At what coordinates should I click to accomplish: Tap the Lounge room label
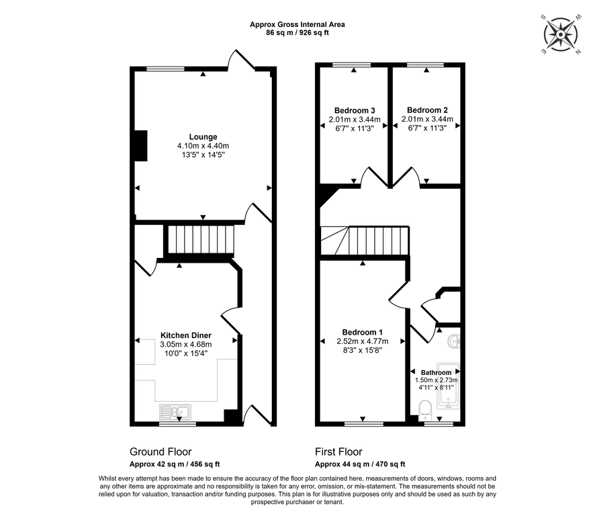click(x=203, y=136)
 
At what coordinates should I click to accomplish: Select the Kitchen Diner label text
click(x=185, y=335)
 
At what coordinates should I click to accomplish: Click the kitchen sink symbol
click(x=176, y=411)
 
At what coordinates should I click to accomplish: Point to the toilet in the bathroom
click(x=424, y=408)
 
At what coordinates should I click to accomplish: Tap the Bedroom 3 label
click(x=354, y=111)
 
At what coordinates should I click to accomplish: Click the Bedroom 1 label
click(x=362, y=332)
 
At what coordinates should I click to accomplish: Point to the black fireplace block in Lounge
click(x=140, y=146)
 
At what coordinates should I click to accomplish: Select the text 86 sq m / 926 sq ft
click(x=297, y=32)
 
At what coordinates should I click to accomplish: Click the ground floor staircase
click(x=201, y=240)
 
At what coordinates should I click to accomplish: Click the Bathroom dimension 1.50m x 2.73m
click(x=436, y=380)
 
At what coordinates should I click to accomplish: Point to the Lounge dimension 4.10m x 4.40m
click(x=203, y=146)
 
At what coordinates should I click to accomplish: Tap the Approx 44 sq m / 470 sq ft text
click(x=360, y=464)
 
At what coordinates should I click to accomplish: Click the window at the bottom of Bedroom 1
click(x=363, y=423)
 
